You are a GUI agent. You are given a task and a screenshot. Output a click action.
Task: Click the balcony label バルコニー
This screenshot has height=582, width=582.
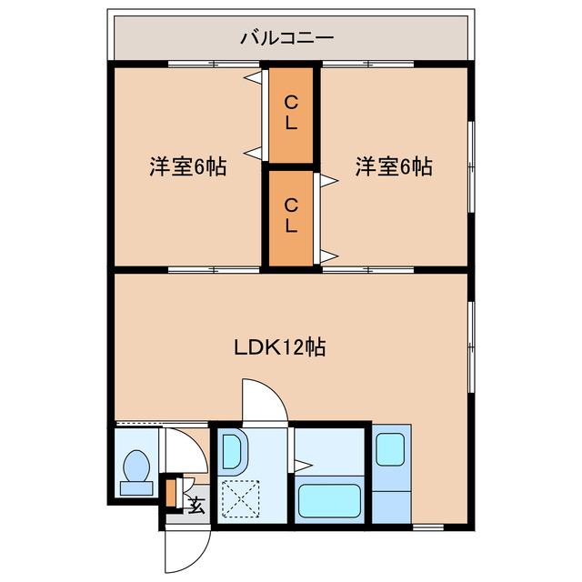tap(287, 38)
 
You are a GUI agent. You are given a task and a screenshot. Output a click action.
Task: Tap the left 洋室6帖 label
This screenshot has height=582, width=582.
tap(188, 166)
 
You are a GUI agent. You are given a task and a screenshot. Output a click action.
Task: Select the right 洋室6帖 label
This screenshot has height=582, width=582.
tap(394, 166)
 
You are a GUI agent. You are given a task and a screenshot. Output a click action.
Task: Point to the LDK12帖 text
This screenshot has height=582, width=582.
tap(281, 346)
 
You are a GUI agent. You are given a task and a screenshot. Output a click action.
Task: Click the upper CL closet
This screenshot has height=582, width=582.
tap(290, 112)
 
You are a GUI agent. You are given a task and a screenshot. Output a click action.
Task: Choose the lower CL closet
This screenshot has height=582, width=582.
tap(290, 215)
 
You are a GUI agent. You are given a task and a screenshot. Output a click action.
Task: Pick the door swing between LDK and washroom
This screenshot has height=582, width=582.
tap(266, 400)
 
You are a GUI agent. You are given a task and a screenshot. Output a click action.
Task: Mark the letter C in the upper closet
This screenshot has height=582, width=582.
tap(290, 101)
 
